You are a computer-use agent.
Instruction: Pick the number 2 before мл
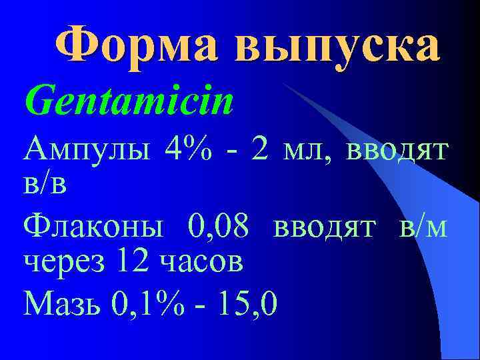[261, 150]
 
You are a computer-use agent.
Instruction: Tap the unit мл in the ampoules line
[306, 151]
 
